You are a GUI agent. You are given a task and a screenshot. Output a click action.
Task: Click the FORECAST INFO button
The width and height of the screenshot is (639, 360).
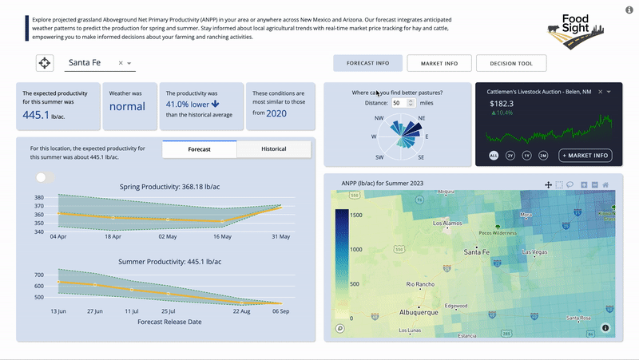[x=368, y=63]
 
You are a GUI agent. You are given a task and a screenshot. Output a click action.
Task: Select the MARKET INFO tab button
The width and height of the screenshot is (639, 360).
[x=439, y=63]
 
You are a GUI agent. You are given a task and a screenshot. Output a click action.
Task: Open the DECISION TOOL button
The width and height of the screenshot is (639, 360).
[x=511, y=63]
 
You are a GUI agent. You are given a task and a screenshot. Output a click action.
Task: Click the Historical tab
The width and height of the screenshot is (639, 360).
[x=273, y=149]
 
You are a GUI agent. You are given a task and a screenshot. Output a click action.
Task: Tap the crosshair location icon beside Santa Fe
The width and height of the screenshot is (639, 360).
[x=45, y=63]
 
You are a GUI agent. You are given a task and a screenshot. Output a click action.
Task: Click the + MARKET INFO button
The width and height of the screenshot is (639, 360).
[x=585, y=155]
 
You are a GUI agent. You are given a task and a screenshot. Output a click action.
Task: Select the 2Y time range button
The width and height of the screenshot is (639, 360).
[x=510, y=155]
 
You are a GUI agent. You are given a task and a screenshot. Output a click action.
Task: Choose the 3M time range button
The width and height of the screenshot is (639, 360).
[x=543, y=155]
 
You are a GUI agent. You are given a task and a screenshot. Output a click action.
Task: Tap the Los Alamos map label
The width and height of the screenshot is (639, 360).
[x=447, y=224]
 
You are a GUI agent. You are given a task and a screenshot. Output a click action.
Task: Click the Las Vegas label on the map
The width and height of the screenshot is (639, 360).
[x=536, y=253]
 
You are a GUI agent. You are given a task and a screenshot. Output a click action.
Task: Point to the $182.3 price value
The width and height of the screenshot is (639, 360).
[x=502, y=103]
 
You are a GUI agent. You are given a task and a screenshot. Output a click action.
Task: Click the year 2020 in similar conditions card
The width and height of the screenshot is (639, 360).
[x=276, y=113]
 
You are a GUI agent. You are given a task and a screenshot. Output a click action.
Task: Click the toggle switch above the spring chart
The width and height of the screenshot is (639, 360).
[x=45, y=177]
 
